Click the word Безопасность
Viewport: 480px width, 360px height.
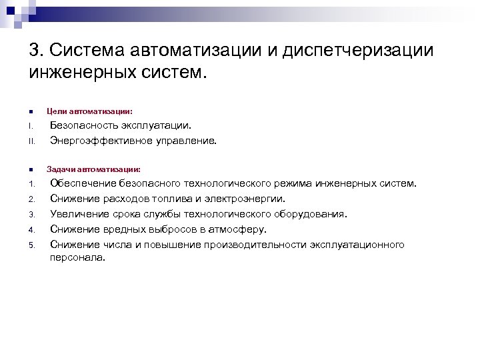click(83, 125)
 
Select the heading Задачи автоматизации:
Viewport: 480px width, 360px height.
click(93, 169)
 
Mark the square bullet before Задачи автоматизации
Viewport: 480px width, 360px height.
click(31, 170)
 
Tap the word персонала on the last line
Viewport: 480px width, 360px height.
click(77, 257)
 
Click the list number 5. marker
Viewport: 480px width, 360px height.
click(31, 246)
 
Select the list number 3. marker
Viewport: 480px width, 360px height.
click(31, 215)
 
